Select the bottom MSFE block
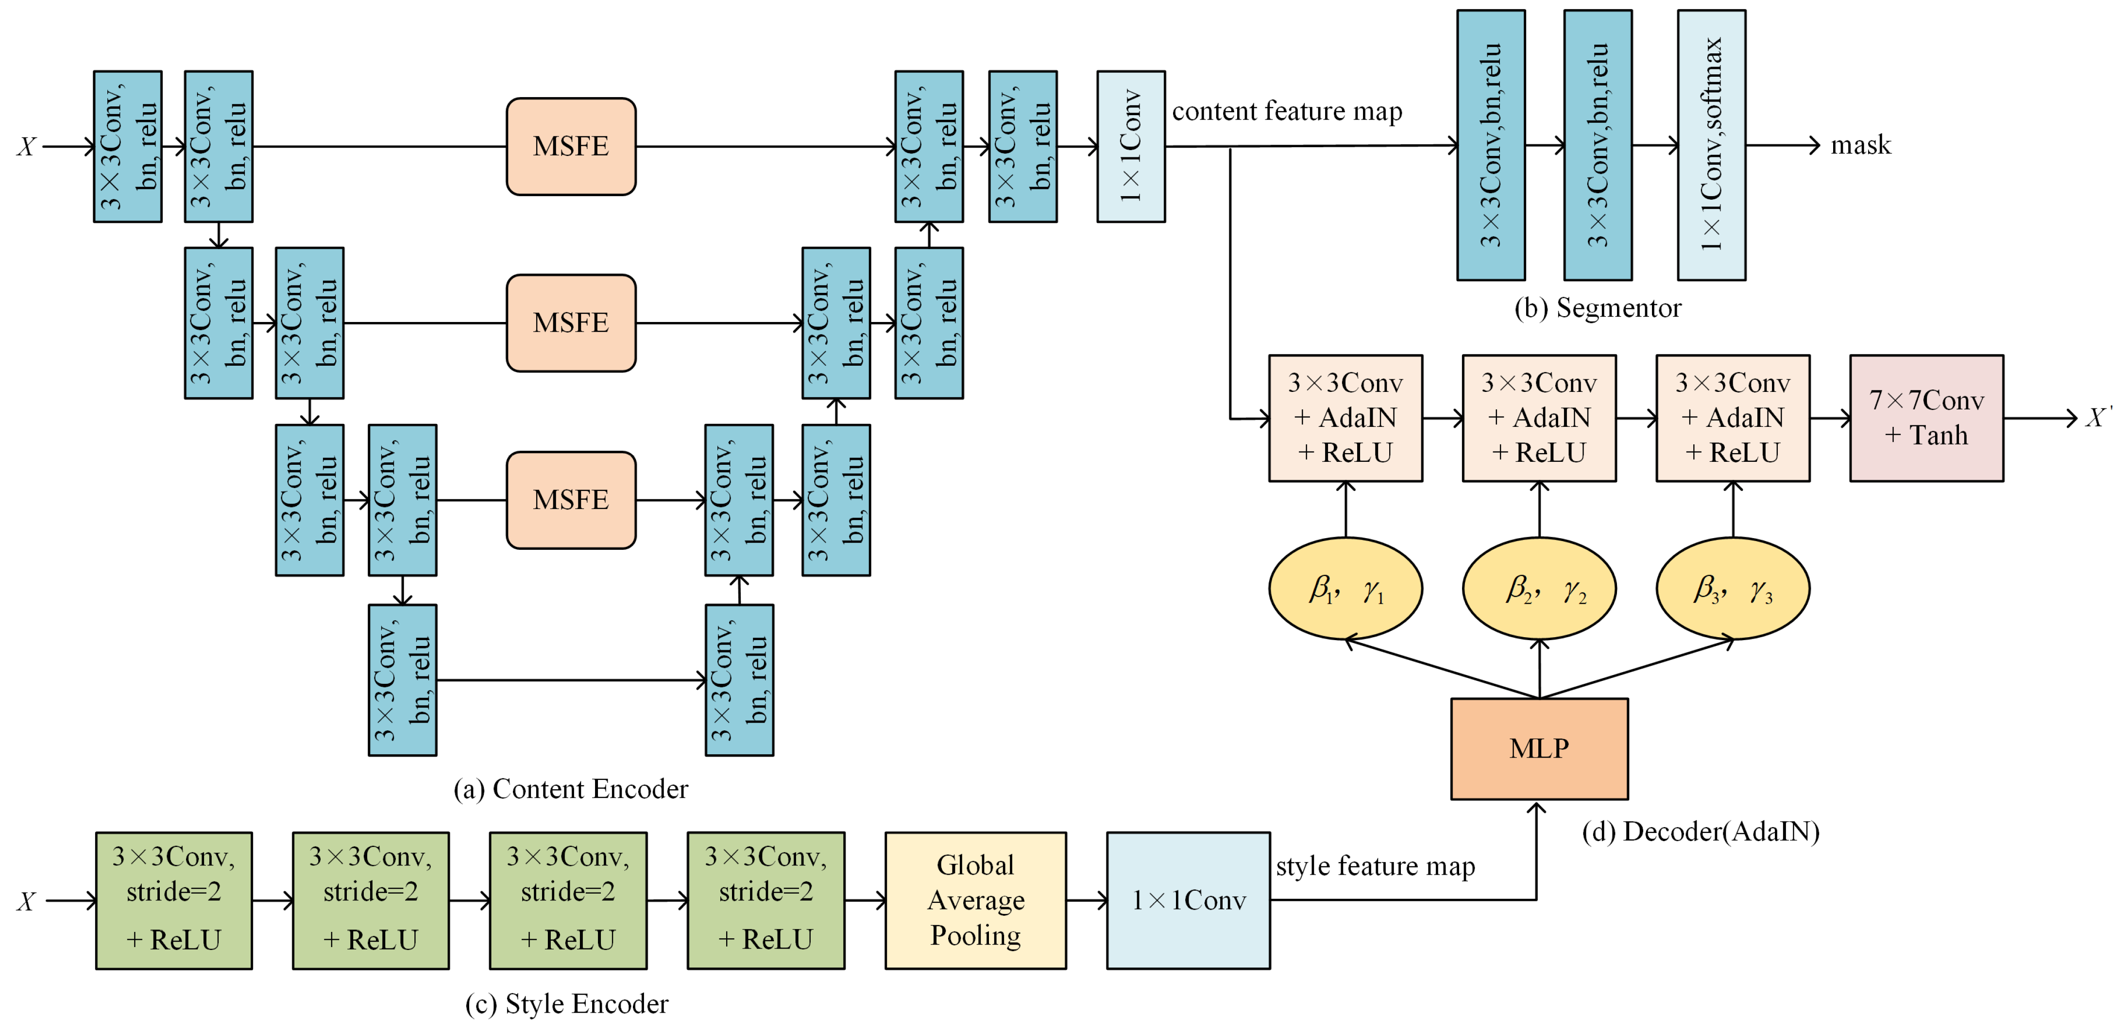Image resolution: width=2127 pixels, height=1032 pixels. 571,499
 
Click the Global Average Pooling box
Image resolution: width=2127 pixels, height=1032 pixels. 975,900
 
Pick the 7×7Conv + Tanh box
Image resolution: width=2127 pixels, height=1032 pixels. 1925,418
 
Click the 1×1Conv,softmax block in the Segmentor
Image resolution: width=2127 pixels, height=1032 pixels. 1711,145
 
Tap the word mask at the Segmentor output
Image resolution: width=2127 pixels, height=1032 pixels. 1860,145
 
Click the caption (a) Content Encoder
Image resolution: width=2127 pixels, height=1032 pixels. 571,789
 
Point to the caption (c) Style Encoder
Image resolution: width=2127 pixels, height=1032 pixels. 566,1004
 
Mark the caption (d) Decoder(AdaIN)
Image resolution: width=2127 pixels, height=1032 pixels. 1700,831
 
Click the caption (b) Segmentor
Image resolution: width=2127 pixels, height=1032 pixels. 1597,308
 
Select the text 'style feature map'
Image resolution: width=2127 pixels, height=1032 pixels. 1375,866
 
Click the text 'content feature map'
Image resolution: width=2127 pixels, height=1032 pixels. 1286,112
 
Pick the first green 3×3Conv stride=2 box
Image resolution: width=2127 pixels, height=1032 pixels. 173,900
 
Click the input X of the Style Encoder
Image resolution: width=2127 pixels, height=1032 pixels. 26,901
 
